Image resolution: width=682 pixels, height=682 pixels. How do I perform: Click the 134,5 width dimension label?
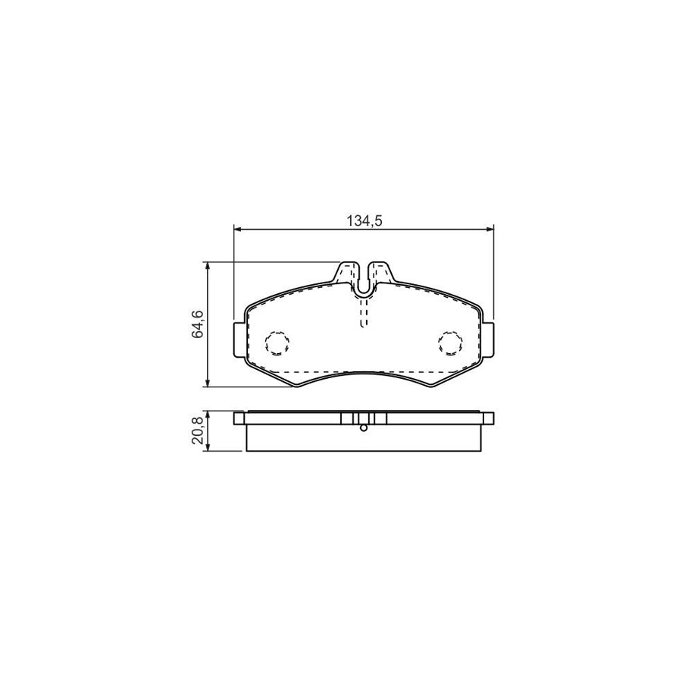pyautogui.click(x=364, y=221)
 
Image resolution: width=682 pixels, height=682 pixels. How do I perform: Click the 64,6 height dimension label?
pyautogui.click(x=198, y=324)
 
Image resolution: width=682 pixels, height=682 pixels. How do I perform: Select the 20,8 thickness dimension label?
pyautogui.click(x=198, y=430)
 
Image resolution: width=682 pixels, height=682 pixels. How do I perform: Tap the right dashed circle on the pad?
pyautogui.click(x=450, y=343)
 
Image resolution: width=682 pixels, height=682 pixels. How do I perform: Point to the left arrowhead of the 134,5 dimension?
pyautogui.click(x=237, y=229)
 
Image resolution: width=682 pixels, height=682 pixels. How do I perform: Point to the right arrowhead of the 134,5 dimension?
pyautogui.click(x=490, y=229)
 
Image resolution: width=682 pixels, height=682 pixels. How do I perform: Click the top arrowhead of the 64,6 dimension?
pyautogui.click(x=208, y=266)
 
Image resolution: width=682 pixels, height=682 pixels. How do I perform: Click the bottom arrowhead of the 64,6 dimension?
pyautogui.click(x=208, y=383)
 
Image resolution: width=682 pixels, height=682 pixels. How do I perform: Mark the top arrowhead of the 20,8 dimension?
pyautogui.click(x=208, y=415)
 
